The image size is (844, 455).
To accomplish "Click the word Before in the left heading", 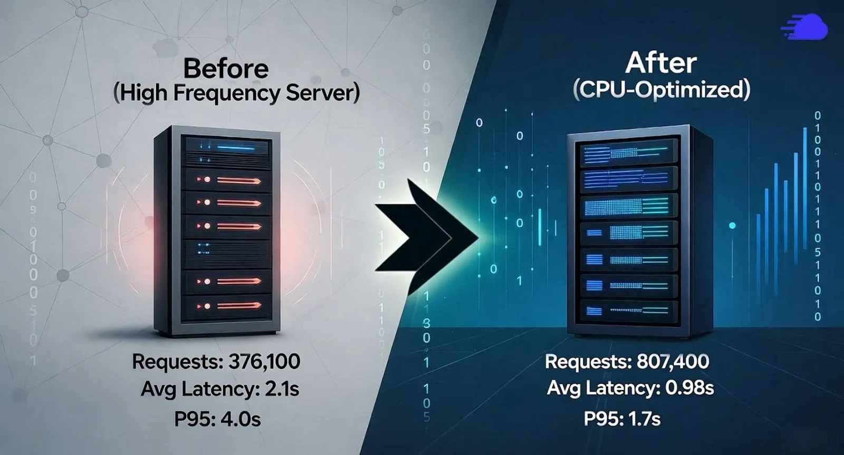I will (x=226, y=69).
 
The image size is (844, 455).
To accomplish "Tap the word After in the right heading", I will (x=660, y=63).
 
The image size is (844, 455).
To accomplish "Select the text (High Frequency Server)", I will (x=236, y=93).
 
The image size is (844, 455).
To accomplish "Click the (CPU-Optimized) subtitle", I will (x=661, y=90).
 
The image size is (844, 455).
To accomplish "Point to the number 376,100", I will (x=264, y=362).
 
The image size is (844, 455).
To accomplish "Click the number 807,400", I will (x=673, y=362).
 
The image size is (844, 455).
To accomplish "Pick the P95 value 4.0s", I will (x=240, y=419).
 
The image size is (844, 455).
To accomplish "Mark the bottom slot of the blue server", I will (x=628, y=310).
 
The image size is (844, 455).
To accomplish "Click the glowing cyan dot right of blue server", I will (x=732, y=226).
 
